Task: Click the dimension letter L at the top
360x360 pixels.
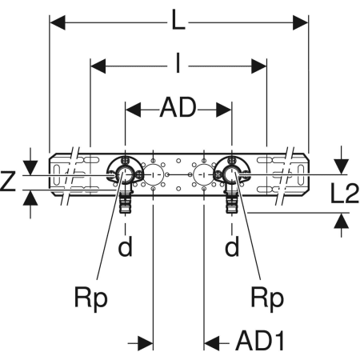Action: pyautogui.click(x=178, y=19)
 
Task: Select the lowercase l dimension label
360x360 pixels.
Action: pyautogui.click(x=178, y=63)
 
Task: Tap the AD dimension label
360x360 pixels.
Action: pyautogui.click(x=178, y=107)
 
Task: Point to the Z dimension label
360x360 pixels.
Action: pyautogui.click(x=8, y=181)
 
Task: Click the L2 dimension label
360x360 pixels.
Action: pyautogui.click(x=345, y=194)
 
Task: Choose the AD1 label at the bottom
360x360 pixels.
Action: pyautogui.click(x=260, y=341)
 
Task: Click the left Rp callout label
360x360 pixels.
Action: pyautogui.click(x=91, y=298)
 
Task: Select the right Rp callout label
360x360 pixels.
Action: pyautogui.click(x=267, y=298)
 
